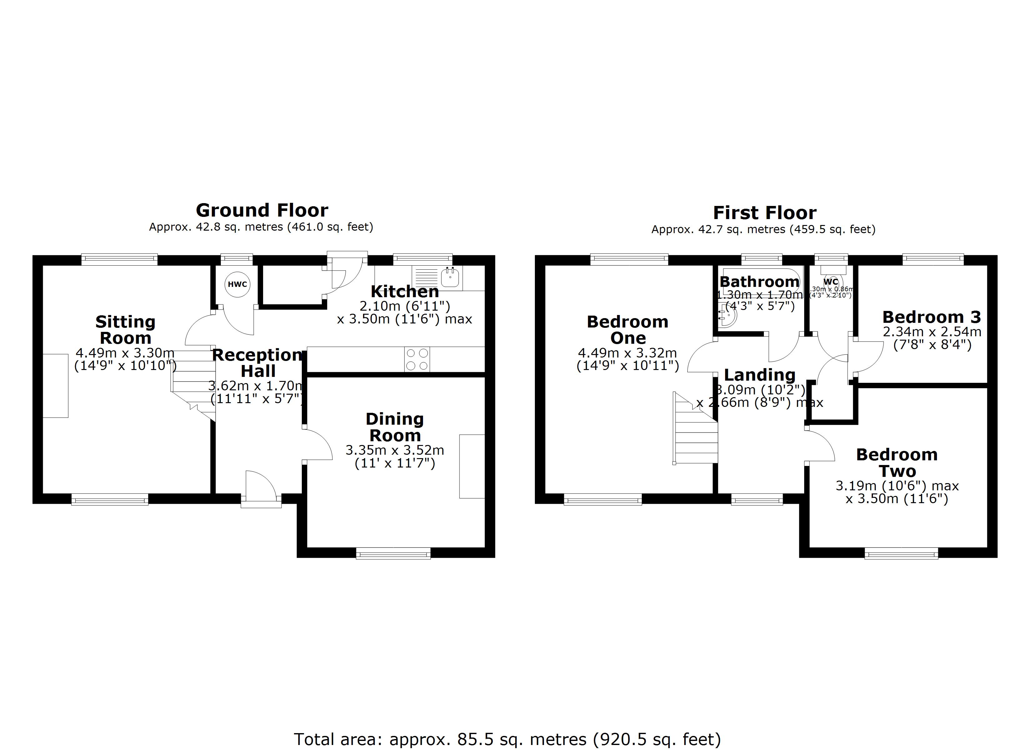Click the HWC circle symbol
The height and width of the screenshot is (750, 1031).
[x=237, y=284]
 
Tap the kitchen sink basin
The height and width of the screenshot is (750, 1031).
[x=450, y=277]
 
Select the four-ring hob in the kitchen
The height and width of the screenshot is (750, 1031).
[x=417, y=359]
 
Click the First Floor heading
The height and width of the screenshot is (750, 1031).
[x=764, y=213]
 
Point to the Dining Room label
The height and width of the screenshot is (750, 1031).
[x=395, y=427]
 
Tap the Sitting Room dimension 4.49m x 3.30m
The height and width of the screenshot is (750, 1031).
[x=125, y=352]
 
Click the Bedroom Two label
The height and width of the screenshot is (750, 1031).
[x=896, y=462]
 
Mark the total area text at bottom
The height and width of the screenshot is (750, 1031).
[x=507, y=739]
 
